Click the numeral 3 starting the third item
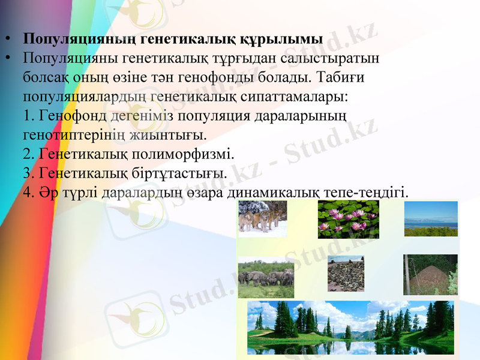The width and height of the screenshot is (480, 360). tap(26, 173)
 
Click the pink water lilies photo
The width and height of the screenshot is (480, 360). tap(348, 219)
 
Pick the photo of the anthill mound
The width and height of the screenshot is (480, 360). tap(430, 274)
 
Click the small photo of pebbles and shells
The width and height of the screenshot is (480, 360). tap(346, 274)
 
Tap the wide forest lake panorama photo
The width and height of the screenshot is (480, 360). tap(351, 328)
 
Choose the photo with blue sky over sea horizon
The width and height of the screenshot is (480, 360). tap(430, 218)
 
